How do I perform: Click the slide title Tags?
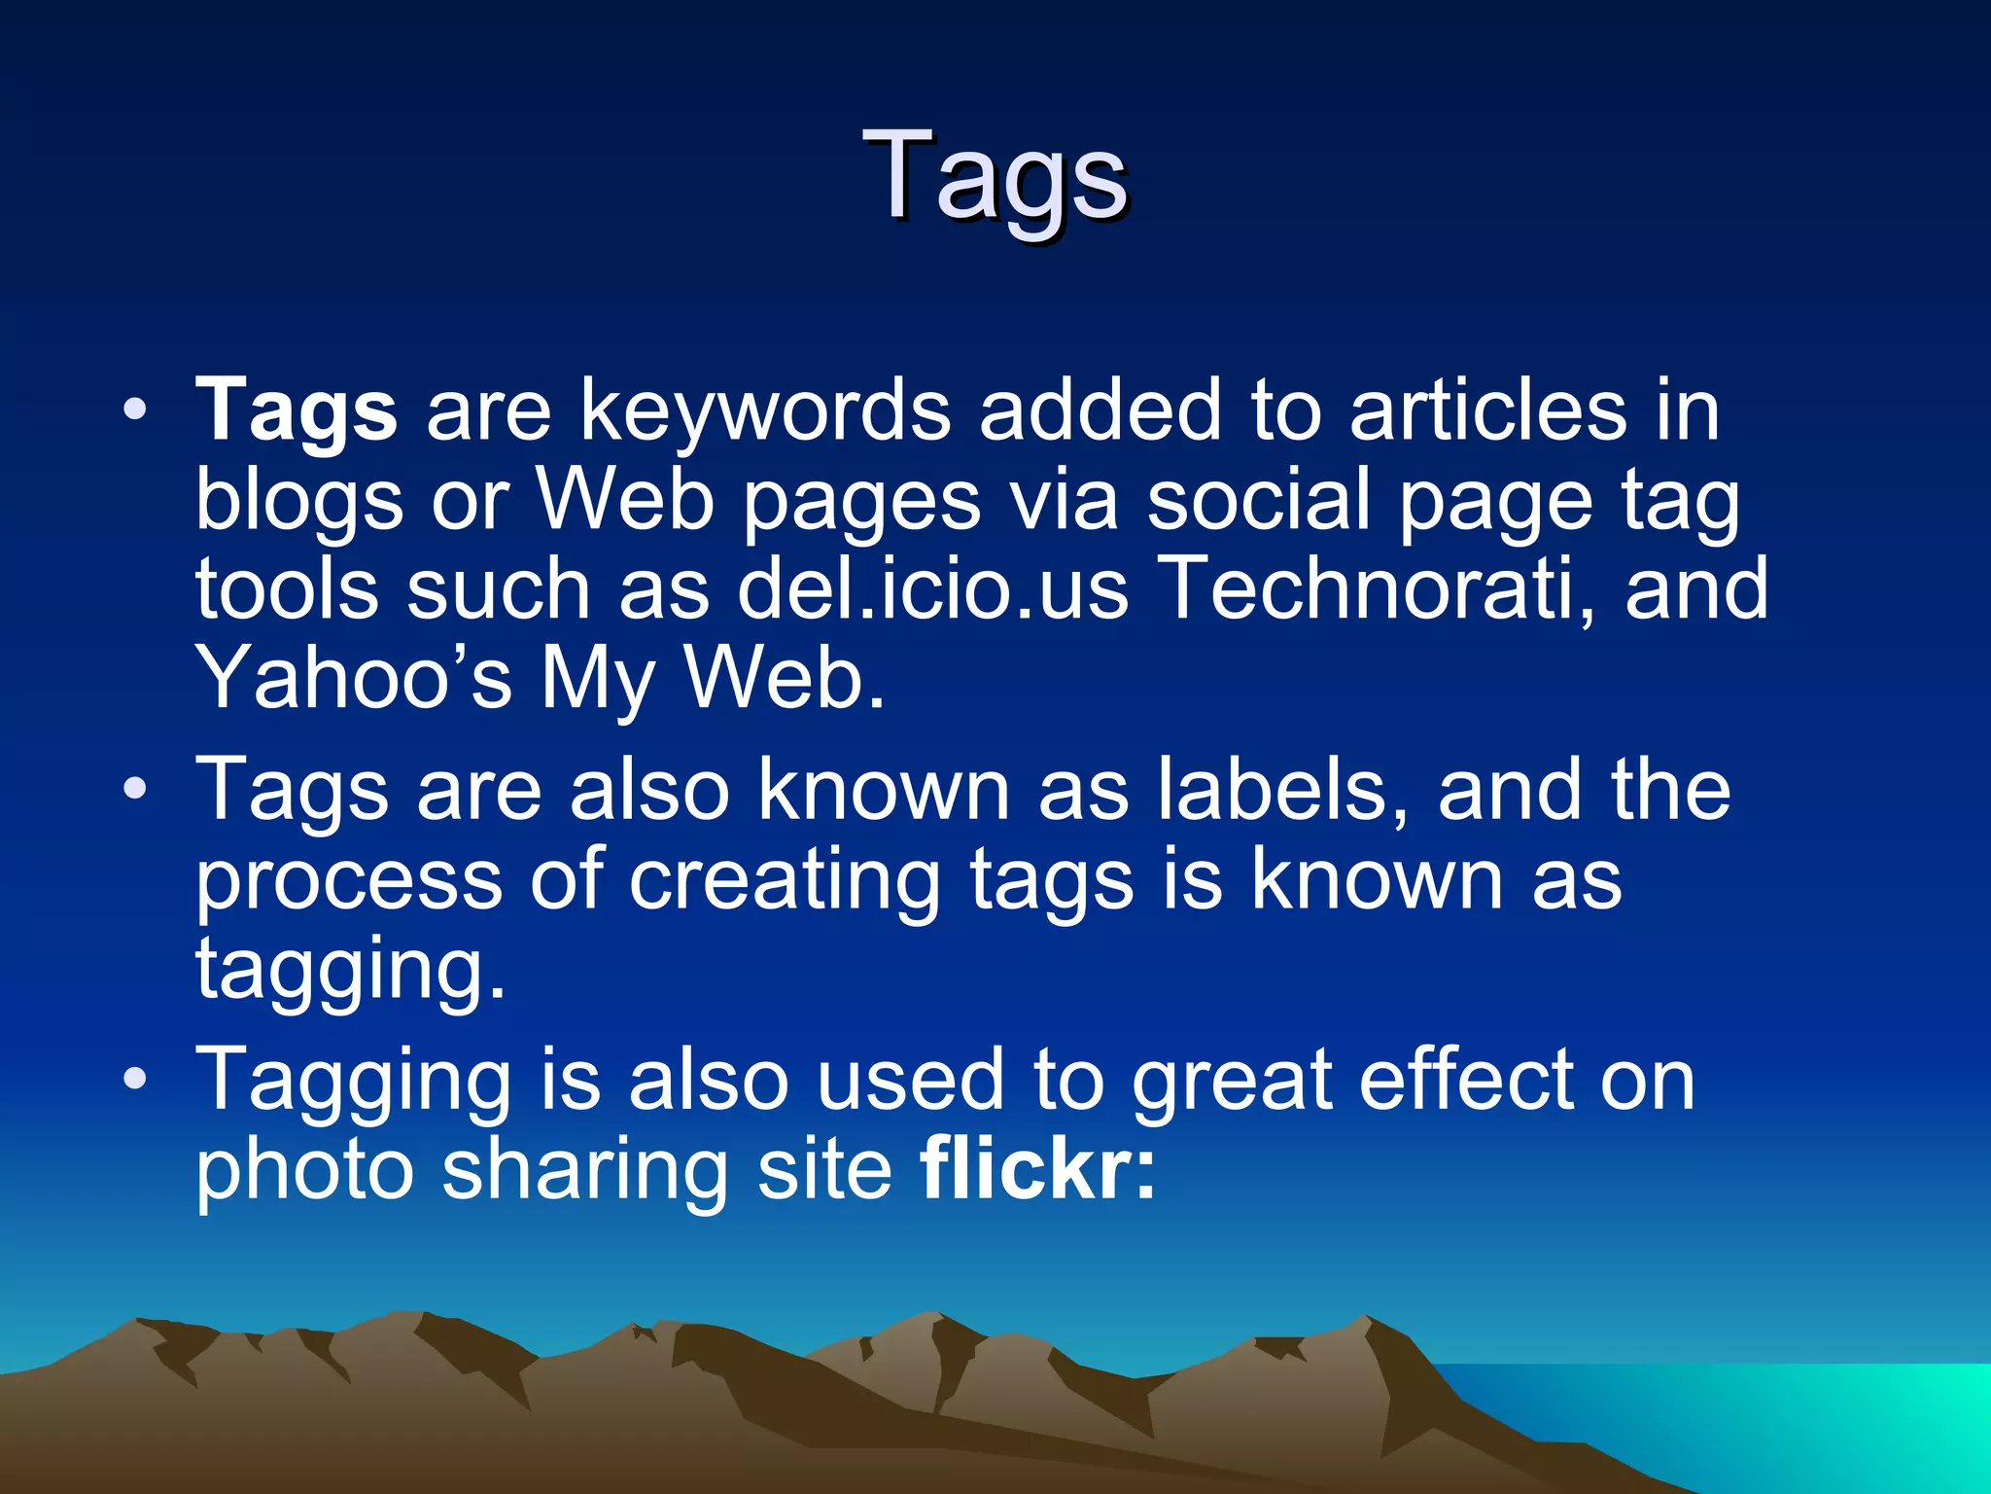995,177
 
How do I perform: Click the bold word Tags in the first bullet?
297,412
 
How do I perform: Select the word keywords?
765,412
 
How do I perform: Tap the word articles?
1487,412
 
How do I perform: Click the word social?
1258,501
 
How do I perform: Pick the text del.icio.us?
932,589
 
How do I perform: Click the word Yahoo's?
354,678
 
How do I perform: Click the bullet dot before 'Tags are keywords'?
136,409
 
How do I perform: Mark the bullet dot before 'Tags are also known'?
136,788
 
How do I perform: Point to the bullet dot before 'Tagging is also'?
136,1079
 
